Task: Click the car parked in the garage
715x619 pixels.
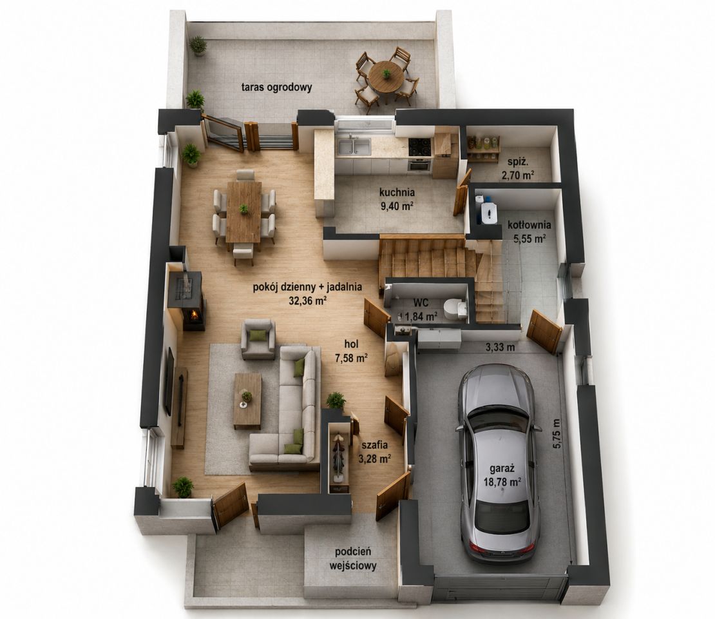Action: [x=498, y=465]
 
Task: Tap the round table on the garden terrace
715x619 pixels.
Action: [x=386, y=76]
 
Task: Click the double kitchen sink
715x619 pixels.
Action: [x=354, y=146]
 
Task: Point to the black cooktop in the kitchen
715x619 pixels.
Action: [x=419, y=146]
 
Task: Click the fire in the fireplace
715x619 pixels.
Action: [x=195, y=314]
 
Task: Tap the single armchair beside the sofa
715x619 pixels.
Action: [x=258, y=339]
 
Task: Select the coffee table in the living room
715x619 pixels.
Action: [x=247, y=401]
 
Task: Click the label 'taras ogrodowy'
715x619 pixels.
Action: [x=277, y=87]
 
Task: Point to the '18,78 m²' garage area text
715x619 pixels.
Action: [x=502, y=481]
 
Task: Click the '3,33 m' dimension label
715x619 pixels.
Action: [x=500, y=348]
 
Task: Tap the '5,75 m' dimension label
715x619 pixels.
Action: [x=557, y=433]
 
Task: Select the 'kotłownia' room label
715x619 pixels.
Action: [x=529, y=225]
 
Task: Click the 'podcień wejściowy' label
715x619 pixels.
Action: [x=353, y=559]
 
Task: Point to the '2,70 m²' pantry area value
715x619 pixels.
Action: [x=518, y=174]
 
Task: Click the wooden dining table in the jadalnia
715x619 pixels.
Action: [x=244, y=211]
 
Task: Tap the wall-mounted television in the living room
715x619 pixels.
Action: [x=169, y=381]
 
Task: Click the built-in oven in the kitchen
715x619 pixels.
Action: [x=419, y=165]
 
